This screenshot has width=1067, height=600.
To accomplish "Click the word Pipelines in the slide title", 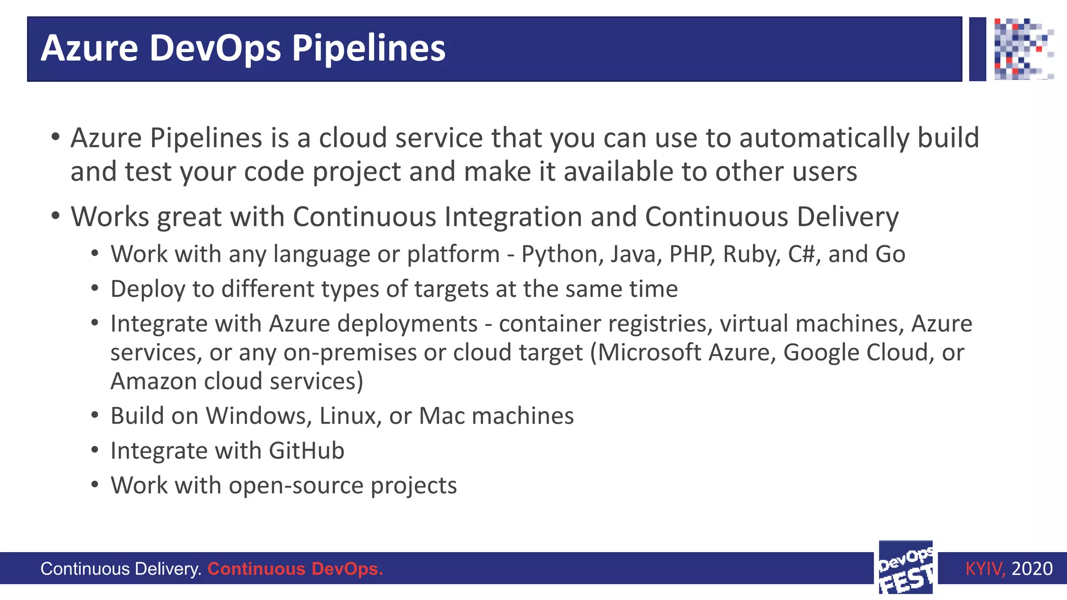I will pos(368,48).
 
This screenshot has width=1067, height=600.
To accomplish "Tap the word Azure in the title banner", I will pos(89,48).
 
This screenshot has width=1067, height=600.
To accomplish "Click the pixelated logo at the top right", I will pos(1023,48).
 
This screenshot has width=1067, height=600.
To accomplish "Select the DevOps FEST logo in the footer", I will pos(905,568).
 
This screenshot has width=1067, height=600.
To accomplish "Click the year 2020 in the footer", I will pos(1032,568).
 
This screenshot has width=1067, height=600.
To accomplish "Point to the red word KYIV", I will pos(984,568).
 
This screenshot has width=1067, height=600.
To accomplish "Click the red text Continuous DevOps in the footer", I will pos(295,568).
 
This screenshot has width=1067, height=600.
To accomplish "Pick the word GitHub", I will pos(306,451).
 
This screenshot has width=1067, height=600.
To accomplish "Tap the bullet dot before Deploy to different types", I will pos(94,288).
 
